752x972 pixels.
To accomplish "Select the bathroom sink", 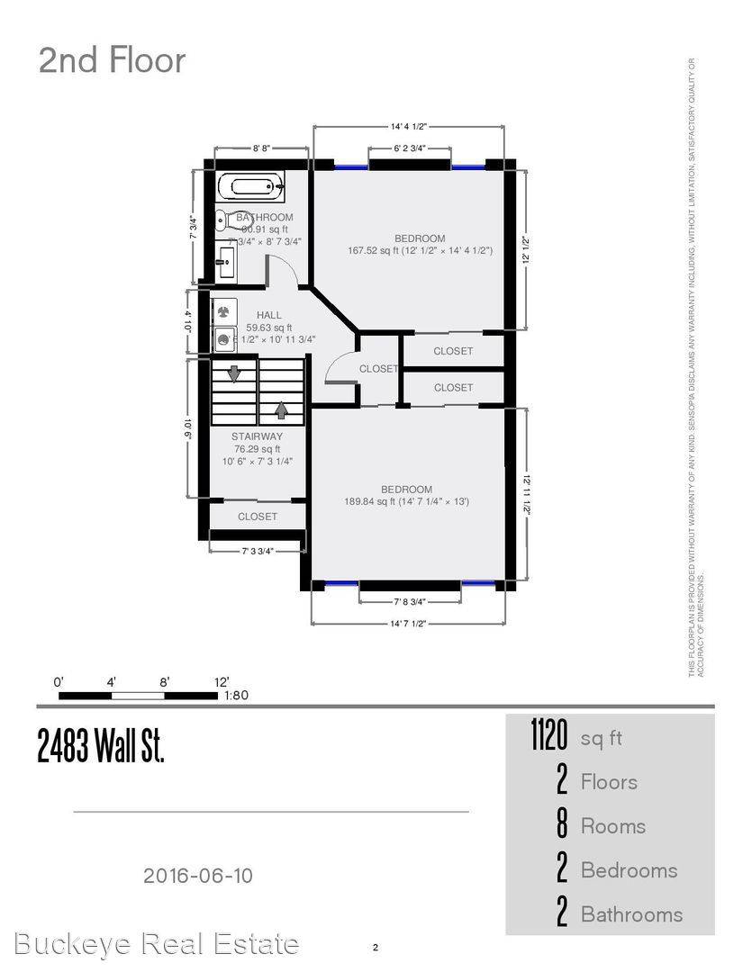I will (x=225, y=265).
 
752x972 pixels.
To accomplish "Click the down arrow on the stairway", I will (x=234, y=373).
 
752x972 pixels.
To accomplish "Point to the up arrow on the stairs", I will (x=282, y=409).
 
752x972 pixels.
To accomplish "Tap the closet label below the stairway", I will (x=258, y=517).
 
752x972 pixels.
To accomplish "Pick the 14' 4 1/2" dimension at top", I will (x=409, y=127).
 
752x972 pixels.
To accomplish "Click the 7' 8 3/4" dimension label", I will (x=410, y=601).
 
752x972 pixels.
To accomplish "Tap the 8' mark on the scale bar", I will (x=165, y=682).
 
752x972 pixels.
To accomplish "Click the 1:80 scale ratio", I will (x=235, y=695).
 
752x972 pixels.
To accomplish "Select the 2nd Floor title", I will (x=112, y=60).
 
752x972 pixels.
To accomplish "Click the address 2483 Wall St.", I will (x=101, y=746).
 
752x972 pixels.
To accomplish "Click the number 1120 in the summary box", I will (x=548, y=738).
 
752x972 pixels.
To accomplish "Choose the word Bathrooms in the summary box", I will (x=631, y=914).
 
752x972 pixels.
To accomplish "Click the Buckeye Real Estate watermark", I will (x=157, y=944).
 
